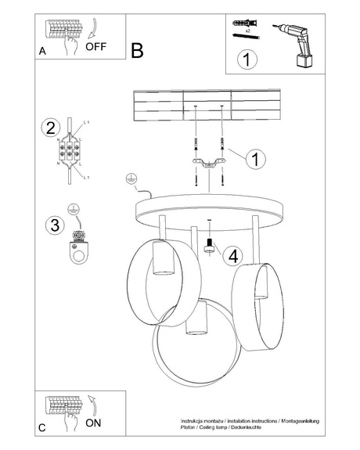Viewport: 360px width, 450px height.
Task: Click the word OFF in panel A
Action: tap(95, 46)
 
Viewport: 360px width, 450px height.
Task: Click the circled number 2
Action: tap(51, 128)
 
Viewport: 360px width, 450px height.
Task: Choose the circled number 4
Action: tap(232, 254)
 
